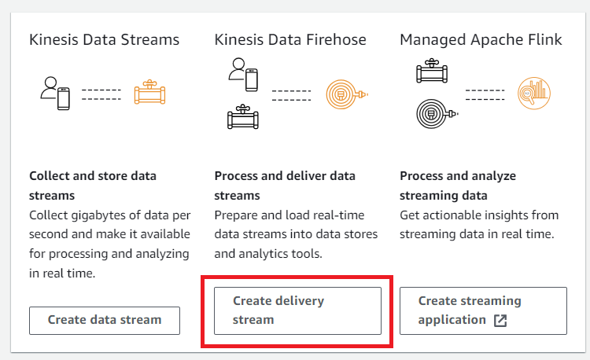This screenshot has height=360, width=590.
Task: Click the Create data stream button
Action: point(105,320)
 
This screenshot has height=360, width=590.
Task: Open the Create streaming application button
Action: point(483,310)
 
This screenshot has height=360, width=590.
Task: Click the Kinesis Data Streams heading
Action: point(104,39)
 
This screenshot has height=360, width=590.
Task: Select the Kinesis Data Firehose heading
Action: point(290,39)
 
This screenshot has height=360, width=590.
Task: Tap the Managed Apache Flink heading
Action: point(481,39)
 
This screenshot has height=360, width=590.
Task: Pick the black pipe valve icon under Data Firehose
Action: point(242,118)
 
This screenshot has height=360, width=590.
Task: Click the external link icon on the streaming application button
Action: point(500,320)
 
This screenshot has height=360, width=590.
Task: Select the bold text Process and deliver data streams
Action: point(285,185)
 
